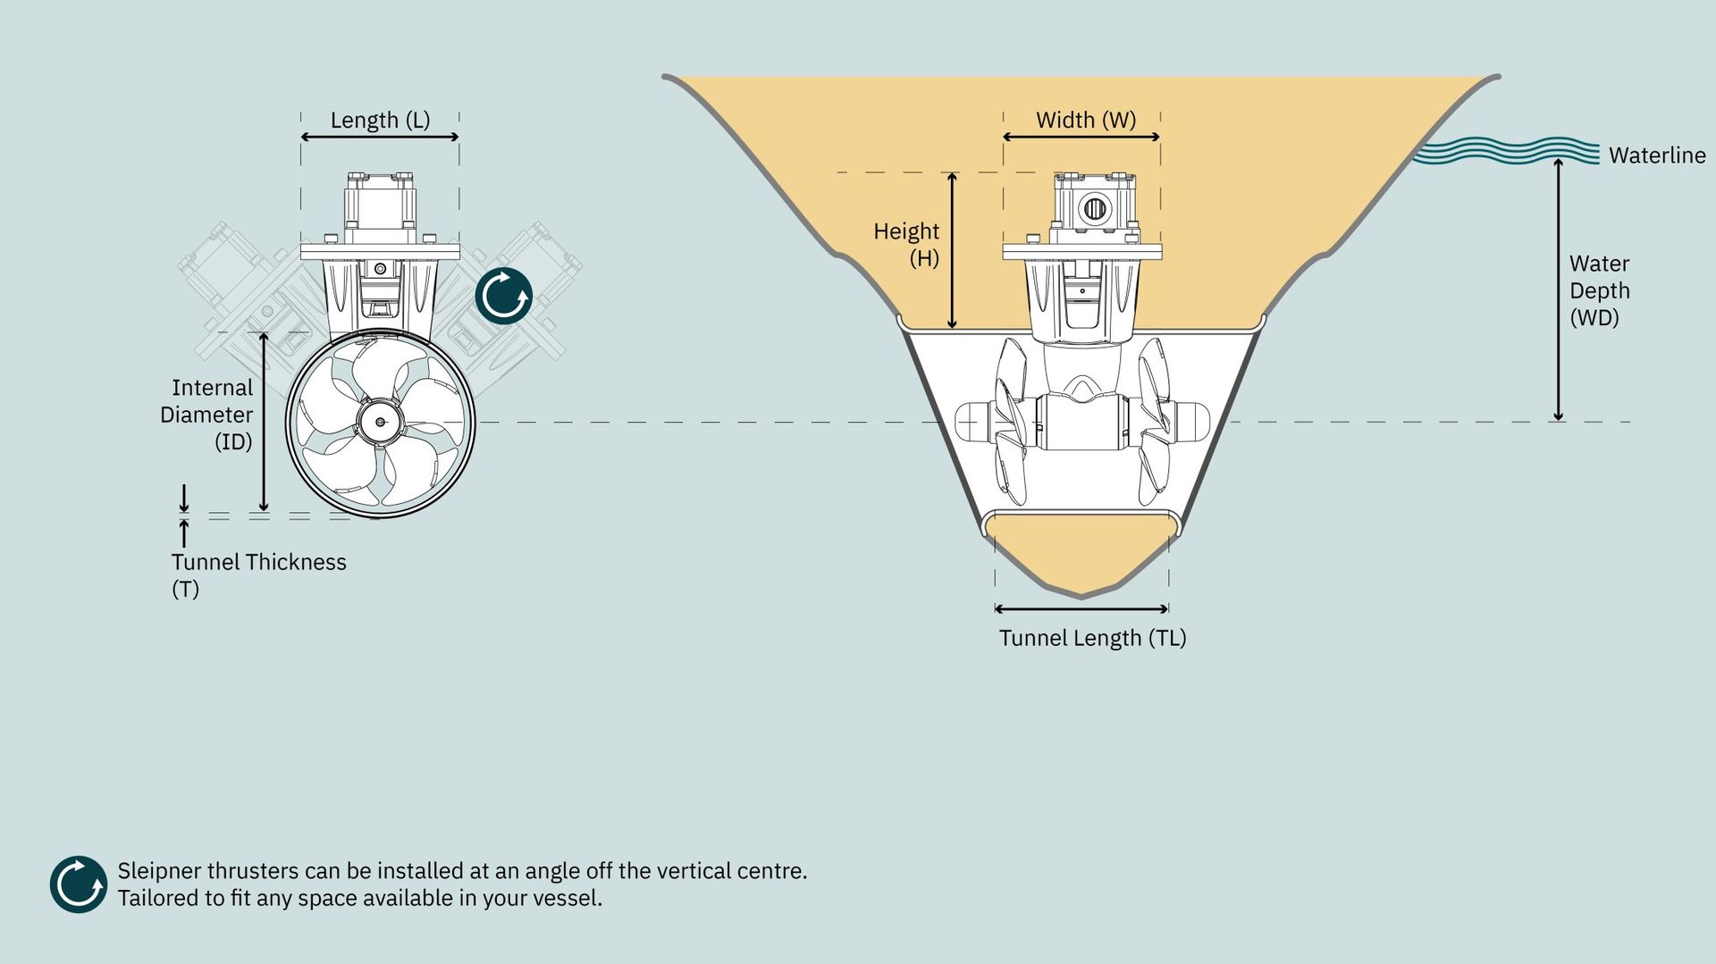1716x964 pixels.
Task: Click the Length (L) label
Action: (380, 121)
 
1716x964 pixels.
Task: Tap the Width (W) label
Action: (1086, 121)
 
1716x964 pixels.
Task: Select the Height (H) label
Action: (906, 245)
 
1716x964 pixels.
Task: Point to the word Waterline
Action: (1657, 155)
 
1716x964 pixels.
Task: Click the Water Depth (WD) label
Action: (1600, 290)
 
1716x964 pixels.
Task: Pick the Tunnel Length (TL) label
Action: (1092, 638)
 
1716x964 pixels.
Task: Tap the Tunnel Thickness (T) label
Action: (258, 575)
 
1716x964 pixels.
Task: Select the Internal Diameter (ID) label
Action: (206, 415)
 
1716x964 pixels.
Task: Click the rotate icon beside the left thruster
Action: (504, 296)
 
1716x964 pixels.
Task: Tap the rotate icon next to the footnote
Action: (79, 884)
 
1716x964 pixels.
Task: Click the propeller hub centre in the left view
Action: (381, 422)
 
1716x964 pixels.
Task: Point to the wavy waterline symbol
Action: (1505, 151)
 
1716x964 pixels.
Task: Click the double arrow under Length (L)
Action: (380, 137)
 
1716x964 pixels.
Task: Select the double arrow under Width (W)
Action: (1081, 137)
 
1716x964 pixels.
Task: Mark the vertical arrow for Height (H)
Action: (952, 250)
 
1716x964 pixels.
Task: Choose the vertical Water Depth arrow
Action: (1559, 289)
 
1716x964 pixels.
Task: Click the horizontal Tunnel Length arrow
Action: (1081, 609)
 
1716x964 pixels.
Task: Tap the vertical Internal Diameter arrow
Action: (264, 422)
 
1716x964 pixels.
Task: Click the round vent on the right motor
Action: (1095, 209)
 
